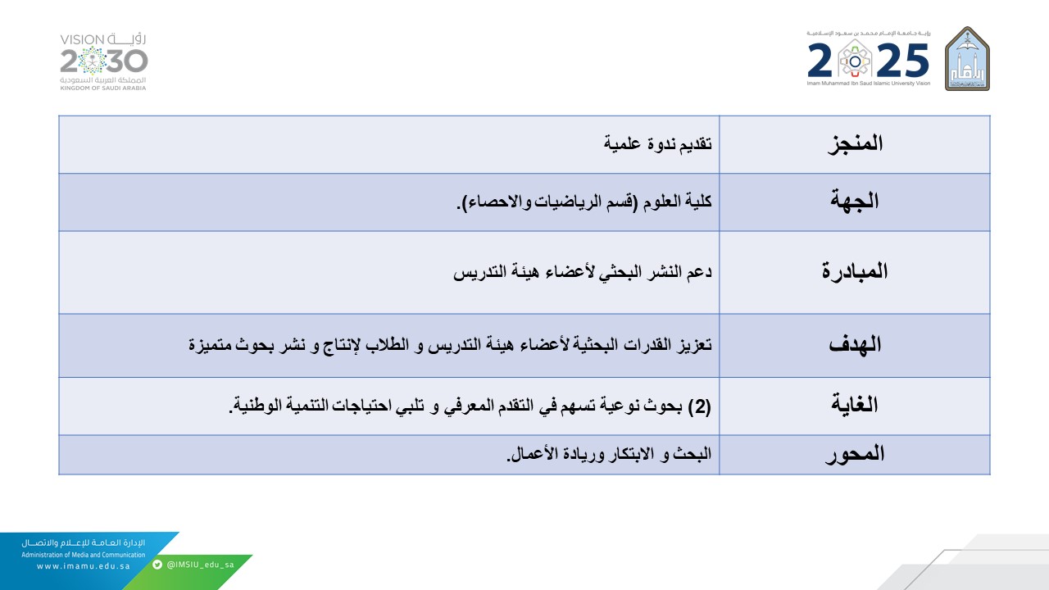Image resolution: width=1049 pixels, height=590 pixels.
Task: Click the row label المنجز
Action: pyautogui.click(x=855, y=143)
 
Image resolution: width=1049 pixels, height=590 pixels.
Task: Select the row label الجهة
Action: pyautogui.click(x=855, y=202)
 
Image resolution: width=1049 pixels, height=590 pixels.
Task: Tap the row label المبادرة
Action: pyautogui.click(x=855, y=272)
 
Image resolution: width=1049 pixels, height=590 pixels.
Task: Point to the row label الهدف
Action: pyautogui.click(x=855, y=344)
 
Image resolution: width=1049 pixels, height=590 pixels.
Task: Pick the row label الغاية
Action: pyautogui.click(x=855, y=405)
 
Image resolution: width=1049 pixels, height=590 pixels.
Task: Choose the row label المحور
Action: pyautogui.click(x=855, y=454)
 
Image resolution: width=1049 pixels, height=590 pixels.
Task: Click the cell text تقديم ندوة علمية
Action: pyautogui.click(x=657, y=144)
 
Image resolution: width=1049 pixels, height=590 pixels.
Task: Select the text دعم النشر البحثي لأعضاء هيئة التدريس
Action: pyautogui.click(x=583, y=272)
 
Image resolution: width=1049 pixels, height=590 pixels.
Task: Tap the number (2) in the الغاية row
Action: pyautogui.click(x=699, y=406)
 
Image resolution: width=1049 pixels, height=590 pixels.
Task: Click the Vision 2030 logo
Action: pyautogui.click(x=104, y=61)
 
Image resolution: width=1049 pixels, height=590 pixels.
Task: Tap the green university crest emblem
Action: pyautogui.click(x=967, y=58)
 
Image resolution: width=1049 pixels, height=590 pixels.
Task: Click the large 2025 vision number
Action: pyautogui.click(x=869, y=60)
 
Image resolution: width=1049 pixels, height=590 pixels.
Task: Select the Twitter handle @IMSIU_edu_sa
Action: pyautogui.click(x=200, y=565)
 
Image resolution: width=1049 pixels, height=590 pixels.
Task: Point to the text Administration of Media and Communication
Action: pyautogui.click(x=83, y=555)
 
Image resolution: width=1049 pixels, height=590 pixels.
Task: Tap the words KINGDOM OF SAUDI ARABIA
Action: pyautogui.click(x=103, y=88)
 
